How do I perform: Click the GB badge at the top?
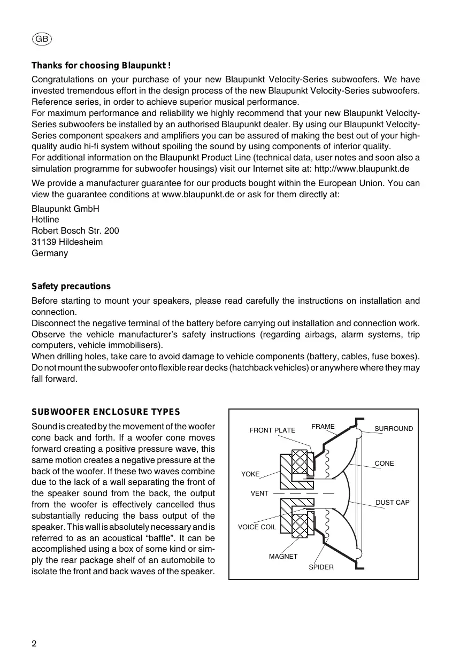42,39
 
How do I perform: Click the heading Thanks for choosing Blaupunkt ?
101,66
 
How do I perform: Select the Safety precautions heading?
71,287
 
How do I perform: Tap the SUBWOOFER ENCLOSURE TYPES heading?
106,412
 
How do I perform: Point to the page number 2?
34,643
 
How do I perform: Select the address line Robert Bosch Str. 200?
75,231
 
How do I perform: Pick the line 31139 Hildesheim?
67,242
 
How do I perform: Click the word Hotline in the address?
45,220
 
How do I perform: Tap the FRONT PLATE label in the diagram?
272,430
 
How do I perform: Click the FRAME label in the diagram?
323,427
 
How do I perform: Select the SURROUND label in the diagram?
394,429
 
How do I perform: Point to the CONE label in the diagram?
384,464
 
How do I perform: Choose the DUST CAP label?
393,503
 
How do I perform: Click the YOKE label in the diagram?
250,474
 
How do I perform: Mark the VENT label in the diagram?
259,494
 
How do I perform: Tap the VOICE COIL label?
257,527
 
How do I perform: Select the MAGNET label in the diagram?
283,557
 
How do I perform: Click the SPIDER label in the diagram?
321,567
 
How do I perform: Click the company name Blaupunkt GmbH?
65,209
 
